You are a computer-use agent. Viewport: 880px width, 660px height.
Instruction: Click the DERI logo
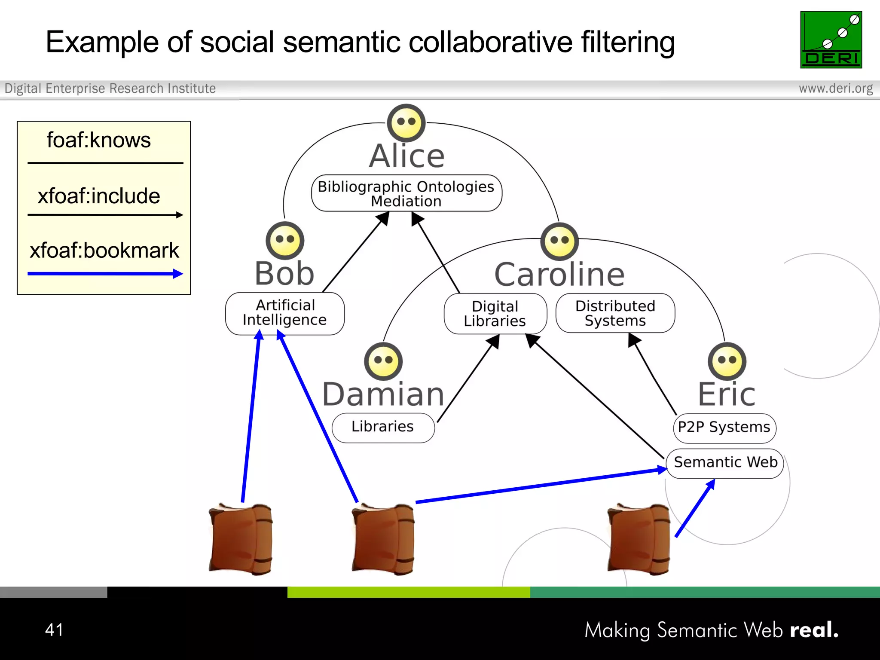(831, 40)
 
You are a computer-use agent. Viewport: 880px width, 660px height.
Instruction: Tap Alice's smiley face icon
(406, 123)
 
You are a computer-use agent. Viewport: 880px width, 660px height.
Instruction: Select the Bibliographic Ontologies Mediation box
(406, 193)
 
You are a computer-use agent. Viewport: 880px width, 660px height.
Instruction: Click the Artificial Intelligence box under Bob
(284, 313)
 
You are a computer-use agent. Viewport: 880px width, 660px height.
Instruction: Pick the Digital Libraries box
(495, 314)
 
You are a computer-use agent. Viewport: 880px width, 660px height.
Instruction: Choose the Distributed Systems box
(615, 313)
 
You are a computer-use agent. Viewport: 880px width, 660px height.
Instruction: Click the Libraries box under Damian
(383, 428)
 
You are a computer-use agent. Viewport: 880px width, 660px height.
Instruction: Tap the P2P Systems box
(724, 428)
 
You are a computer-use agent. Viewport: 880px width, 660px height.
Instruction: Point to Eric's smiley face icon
(727, 361)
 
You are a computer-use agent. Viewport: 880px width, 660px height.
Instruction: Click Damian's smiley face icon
(383, 361)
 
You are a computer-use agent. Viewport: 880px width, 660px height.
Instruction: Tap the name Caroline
(559, 275)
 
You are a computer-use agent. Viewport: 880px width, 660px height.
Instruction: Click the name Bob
(284, 274)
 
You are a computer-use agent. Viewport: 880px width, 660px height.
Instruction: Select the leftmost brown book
(241, 539)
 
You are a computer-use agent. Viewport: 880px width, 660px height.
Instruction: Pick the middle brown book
(383, 539)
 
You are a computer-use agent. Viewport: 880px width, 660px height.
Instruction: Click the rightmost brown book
(639, 539)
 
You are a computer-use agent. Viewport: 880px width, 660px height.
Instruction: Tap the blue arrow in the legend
(105, 274)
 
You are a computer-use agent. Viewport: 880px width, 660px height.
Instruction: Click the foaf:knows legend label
(98, 141)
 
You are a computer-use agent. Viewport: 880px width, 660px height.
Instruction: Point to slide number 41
(54, 630)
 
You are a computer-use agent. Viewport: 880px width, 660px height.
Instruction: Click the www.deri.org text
(835, 89)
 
